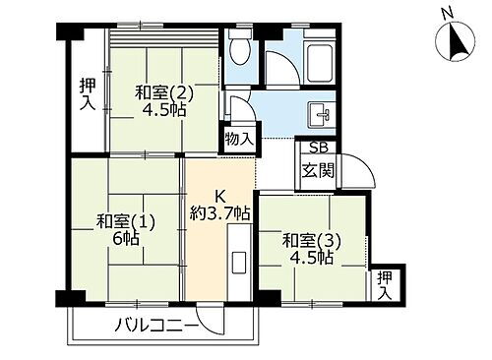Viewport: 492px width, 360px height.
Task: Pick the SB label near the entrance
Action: (x=317, y=149)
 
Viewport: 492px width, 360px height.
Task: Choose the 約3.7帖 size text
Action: (x=220, y=212)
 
